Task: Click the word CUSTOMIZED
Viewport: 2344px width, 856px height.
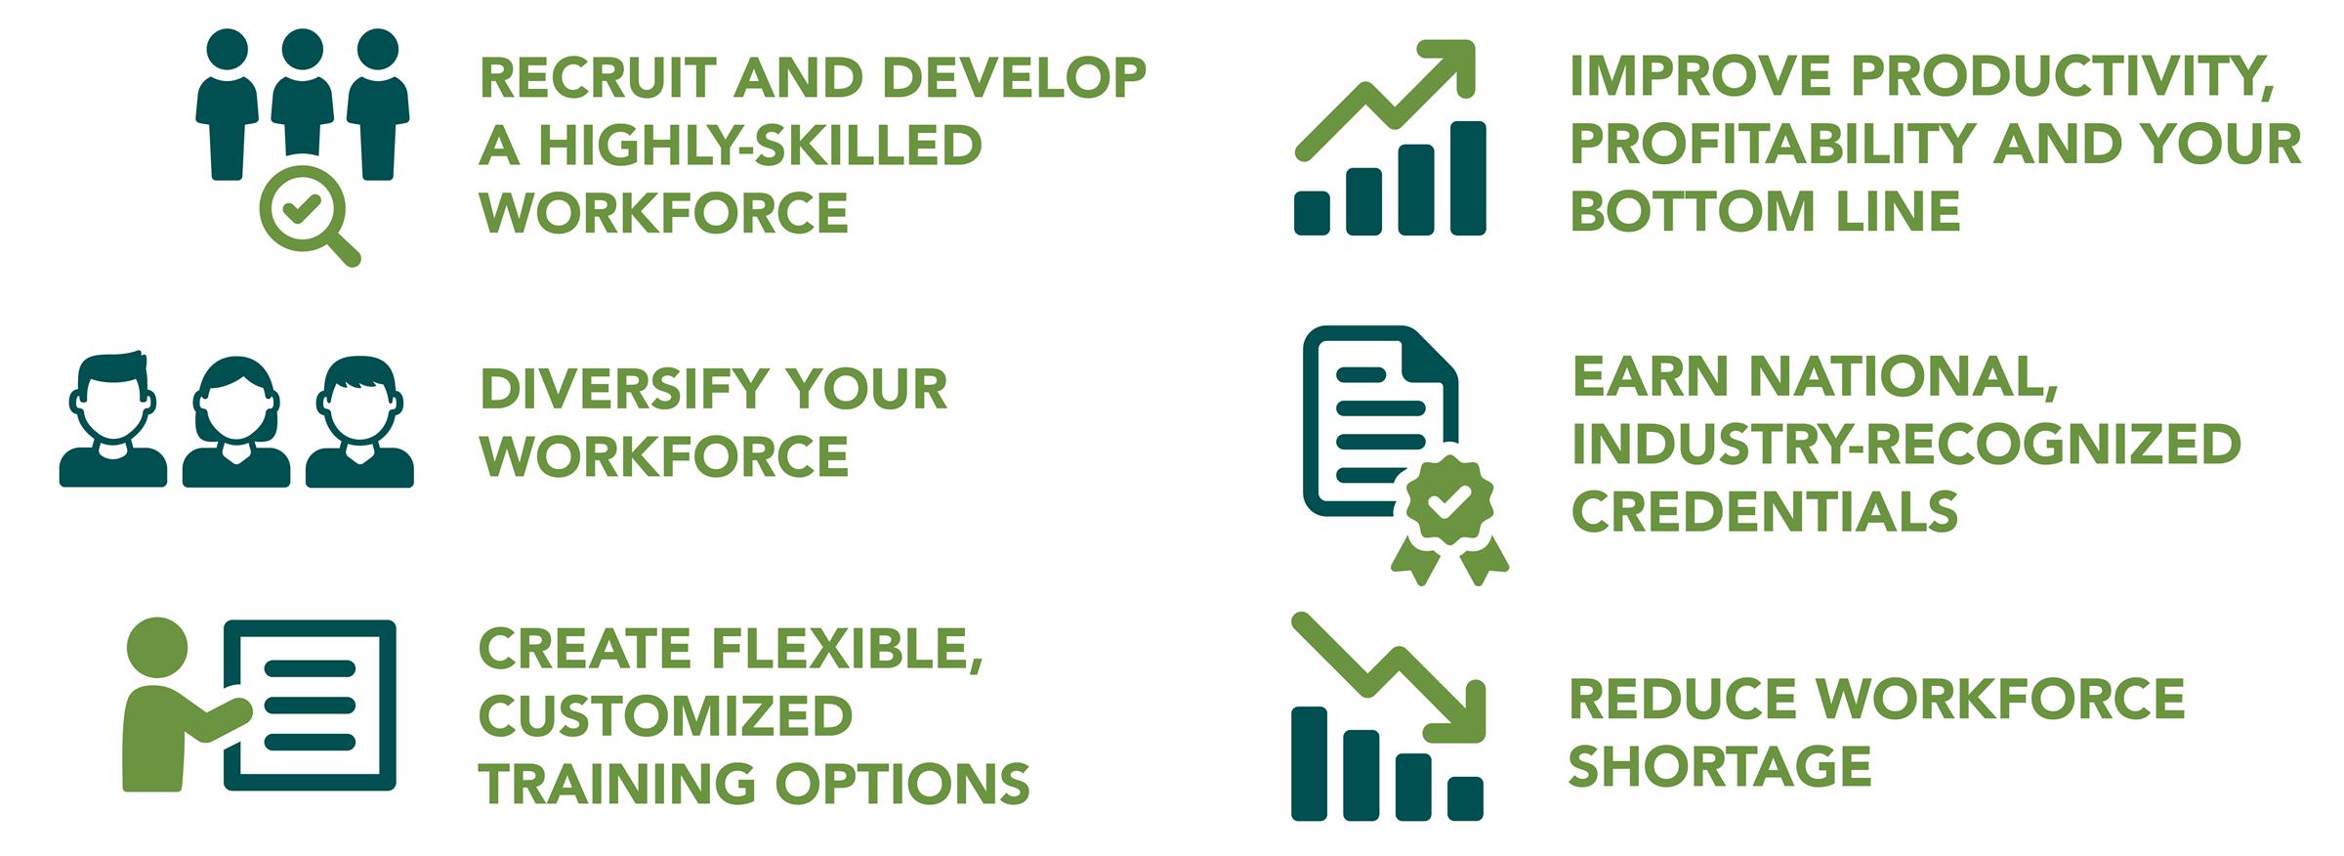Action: [x=665, y=716]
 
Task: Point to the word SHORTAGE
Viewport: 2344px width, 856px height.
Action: [x=1720, y=765]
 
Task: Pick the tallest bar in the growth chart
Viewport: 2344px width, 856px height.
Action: [x=1468, y=179]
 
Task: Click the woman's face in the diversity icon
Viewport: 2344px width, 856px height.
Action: [x=235, y=410]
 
